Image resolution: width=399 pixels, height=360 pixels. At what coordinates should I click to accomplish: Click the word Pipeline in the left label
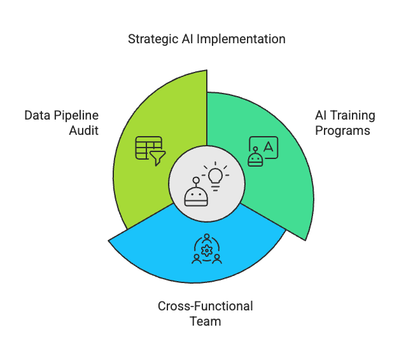tap(77, 116)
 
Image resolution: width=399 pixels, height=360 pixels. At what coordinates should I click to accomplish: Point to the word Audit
tap(84, 132)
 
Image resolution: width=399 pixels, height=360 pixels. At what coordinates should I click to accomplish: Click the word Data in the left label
tap(38, 116)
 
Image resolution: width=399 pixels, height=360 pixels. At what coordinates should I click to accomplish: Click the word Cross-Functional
tap(205, 306)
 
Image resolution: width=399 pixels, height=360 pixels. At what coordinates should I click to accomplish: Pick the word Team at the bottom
tap(205, 321)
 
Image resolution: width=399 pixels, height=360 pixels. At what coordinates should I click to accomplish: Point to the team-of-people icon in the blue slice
tap(206, 249)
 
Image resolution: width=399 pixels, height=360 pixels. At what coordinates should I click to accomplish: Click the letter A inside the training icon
tap(269, 146)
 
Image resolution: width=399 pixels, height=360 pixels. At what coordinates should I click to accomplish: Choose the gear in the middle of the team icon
tap(206, 250)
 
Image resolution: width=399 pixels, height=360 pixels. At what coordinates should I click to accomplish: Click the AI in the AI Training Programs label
tap(321, 116)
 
